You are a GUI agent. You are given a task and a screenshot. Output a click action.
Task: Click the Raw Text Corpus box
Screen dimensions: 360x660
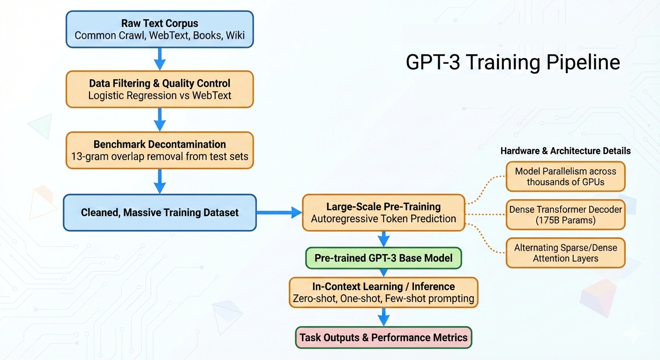point(159,29)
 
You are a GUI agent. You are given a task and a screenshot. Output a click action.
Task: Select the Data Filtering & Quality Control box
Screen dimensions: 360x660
point(159,89)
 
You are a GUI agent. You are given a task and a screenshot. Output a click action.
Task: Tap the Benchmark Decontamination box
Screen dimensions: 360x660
point(159,150)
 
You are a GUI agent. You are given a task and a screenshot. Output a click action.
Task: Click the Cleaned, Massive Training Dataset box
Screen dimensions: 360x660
point(159,212)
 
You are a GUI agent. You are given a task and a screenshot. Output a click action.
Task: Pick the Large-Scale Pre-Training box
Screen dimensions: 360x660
point(383,212)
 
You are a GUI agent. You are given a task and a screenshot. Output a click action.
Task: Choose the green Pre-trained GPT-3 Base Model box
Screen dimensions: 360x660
point(383,258)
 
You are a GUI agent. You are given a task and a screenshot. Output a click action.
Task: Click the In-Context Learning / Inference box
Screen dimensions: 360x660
point(383,292)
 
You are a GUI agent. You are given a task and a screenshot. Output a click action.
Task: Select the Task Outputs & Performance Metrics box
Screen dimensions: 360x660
point(383,337)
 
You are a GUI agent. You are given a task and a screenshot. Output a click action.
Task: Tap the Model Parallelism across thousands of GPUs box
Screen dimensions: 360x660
point(565,176)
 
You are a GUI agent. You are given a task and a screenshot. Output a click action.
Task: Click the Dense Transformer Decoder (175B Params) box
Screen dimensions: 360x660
point(565,215)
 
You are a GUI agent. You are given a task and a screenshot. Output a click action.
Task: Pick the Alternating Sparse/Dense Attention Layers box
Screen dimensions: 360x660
point(565,253)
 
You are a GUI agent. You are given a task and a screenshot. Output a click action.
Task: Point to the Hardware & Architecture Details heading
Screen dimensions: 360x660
point(565,151)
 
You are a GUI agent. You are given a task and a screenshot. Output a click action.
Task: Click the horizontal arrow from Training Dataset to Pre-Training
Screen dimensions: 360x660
point(279,212)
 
